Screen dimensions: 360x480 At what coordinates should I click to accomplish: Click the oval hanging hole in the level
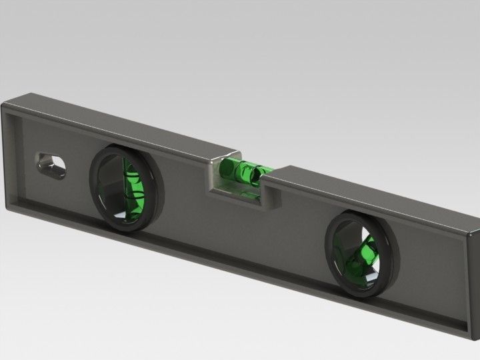(x=51, y=165)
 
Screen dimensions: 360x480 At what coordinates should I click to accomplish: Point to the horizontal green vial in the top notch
(x=243, y=171)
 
